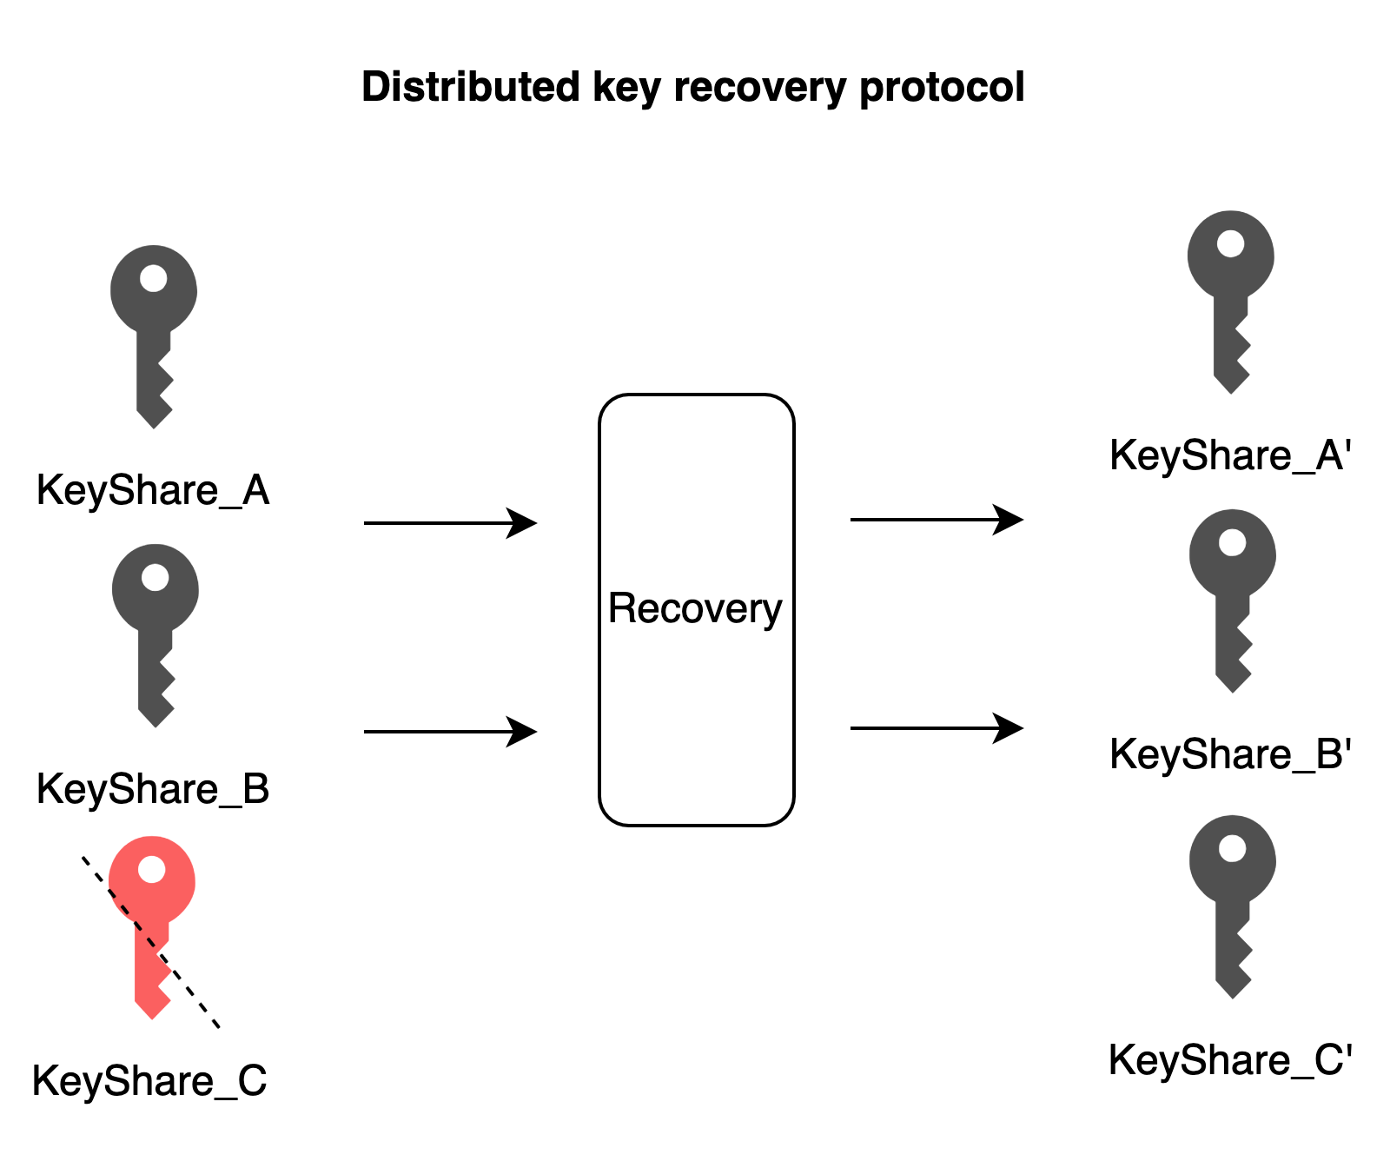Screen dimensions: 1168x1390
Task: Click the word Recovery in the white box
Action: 695,608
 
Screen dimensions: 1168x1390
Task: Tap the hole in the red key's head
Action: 152,869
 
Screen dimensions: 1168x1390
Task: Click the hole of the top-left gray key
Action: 154,279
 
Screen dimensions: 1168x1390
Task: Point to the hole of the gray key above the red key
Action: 156,578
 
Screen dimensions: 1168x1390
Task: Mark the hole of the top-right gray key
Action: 1230,243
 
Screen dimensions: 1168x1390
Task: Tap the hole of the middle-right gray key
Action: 1232,543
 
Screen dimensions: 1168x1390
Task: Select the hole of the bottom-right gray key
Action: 1232,849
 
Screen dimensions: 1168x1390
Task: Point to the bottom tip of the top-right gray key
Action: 1231,391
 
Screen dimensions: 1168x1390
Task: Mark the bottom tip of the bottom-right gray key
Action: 1233,996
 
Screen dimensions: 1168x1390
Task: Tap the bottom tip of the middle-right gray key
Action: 1233,690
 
